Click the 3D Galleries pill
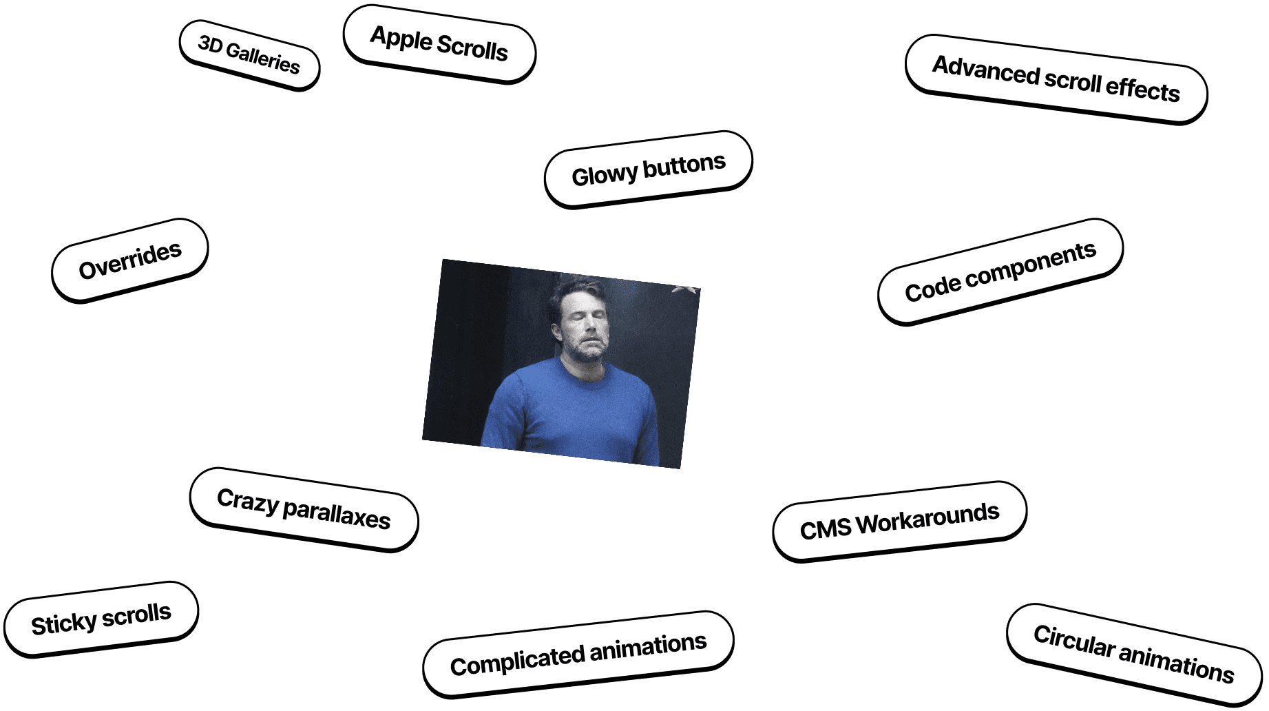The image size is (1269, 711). (x=249, y=54)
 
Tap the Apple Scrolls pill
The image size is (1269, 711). (x=439, y=43)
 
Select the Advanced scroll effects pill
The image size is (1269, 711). (x=1056, y=79)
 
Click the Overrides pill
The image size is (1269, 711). (x=130, y=260)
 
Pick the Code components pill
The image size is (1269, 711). (x=1000, y=271)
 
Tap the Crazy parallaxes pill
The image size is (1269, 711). (x=304, y=509)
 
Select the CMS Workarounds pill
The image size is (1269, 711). (x=899, y=521)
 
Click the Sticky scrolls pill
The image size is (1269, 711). (x=101, y=619)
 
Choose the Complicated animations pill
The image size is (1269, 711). (x=578, y=654)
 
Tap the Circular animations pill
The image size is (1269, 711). (x=1133, y=654)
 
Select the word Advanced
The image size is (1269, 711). (x=985, y=70)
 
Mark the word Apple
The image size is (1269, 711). (x=401, y=38)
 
